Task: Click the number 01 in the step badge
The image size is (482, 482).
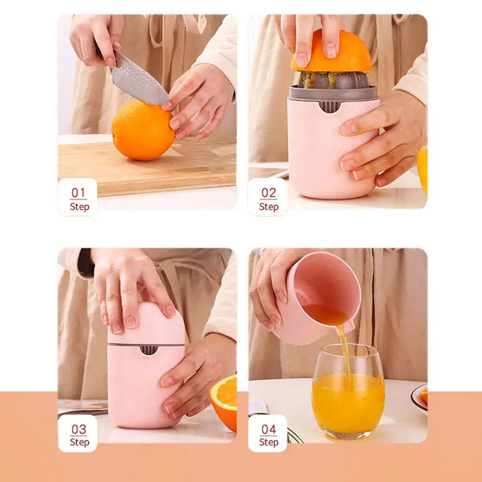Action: coord(78,193)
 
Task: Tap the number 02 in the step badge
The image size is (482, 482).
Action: coord(269,193)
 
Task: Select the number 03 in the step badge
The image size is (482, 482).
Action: coord(79,429)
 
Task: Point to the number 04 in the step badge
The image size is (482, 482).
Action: coord(269,429)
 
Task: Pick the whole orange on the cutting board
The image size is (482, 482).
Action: coord(143,130)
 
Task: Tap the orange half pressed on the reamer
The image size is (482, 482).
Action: coord(331,52)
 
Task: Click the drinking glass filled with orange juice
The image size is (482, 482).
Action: coord(348,392)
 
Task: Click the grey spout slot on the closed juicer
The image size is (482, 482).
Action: coord(148,350)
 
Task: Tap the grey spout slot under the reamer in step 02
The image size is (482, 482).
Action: coord(330,107)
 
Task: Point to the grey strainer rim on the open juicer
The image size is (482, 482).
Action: coord(333,93)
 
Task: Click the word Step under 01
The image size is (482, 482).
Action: coord(80,207)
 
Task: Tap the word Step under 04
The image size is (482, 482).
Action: coord(269,442)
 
